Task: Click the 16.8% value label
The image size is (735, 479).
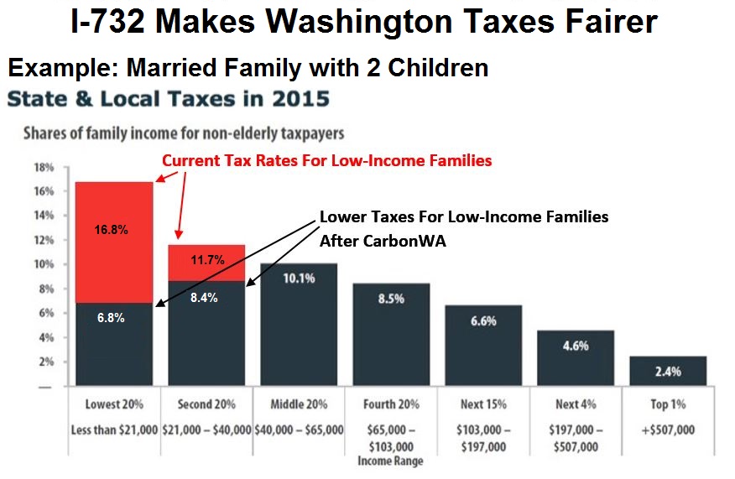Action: coord(112,230)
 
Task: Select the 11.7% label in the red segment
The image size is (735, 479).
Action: coord(206,260)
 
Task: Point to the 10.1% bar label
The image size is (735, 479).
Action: coord(298,279)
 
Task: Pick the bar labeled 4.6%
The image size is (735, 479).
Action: coord(576,358)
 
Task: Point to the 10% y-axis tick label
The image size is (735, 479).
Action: coord(44,265)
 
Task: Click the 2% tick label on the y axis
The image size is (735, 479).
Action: coord(47,362)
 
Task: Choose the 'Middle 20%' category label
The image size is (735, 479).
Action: coord(298,404)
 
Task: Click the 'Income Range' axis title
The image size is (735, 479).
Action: coord(390,461)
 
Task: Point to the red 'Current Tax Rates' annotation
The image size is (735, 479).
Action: coord(326,160)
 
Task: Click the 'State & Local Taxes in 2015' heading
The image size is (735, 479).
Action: coord(168,99)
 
